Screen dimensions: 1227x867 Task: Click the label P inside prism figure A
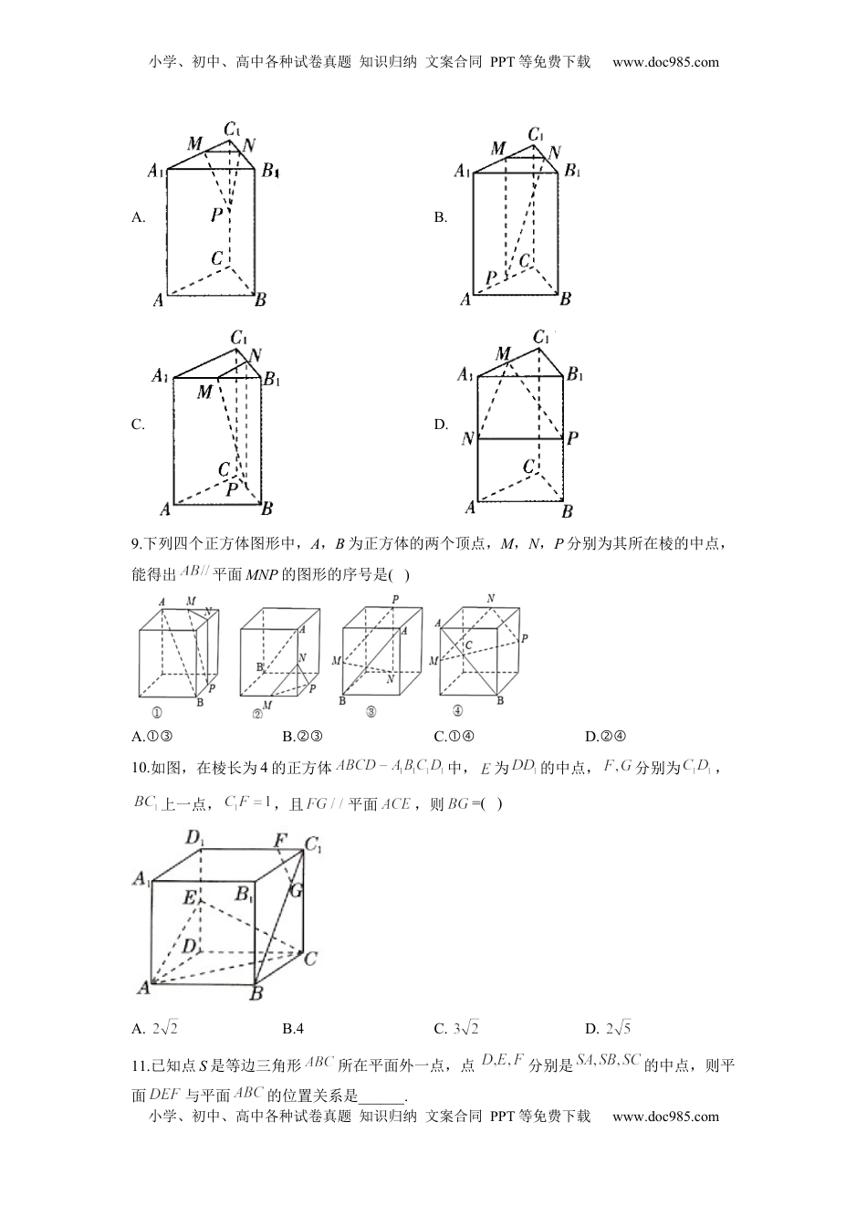pos(216,215)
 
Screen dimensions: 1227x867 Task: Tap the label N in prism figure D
pos(468,439)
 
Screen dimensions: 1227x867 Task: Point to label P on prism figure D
pos(572,438)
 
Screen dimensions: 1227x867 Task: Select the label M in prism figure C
pos(204,393)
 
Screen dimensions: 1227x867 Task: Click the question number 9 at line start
pos(136,545)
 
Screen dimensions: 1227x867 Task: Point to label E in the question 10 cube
pos(190,897)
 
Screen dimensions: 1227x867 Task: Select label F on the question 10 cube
pos(280,840)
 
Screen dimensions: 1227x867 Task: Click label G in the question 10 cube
pos(296,889)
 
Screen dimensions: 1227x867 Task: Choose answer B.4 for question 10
pos(293,1029)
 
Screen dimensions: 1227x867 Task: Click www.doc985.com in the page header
pos(665,62)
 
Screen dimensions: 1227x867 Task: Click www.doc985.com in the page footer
pos(665,1116)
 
